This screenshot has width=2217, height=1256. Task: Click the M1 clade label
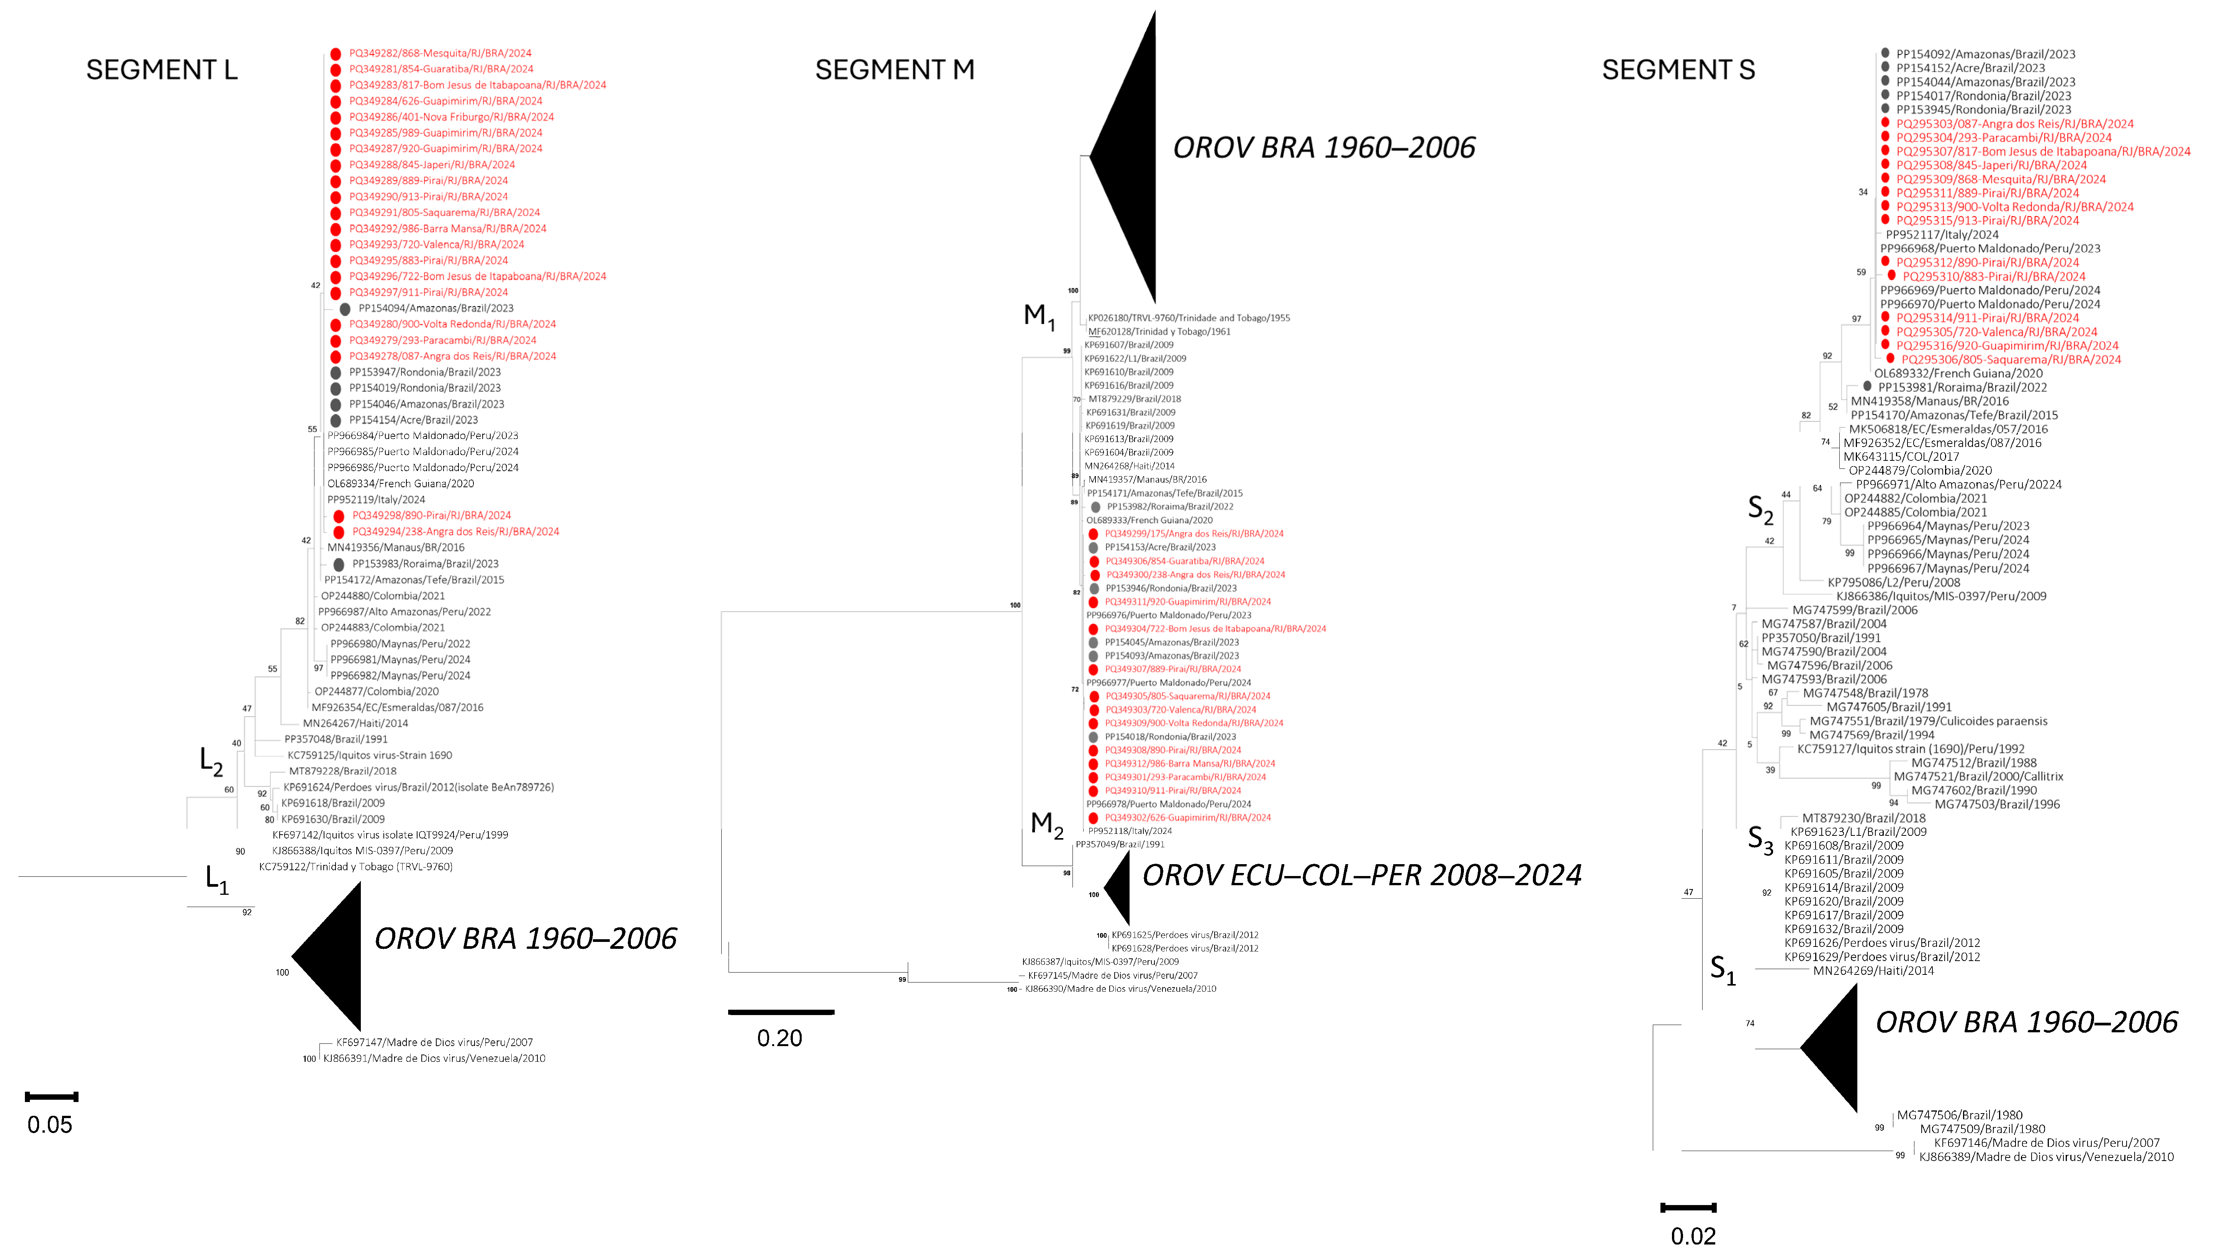(1039, 317)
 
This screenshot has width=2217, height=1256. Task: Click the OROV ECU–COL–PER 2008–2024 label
(1361, 876)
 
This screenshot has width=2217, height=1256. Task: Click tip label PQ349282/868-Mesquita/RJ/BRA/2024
(440, 54)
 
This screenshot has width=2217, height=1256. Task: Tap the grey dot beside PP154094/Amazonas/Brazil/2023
(345, 309)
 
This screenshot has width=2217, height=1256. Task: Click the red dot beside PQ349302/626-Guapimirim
(1094, 818)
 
